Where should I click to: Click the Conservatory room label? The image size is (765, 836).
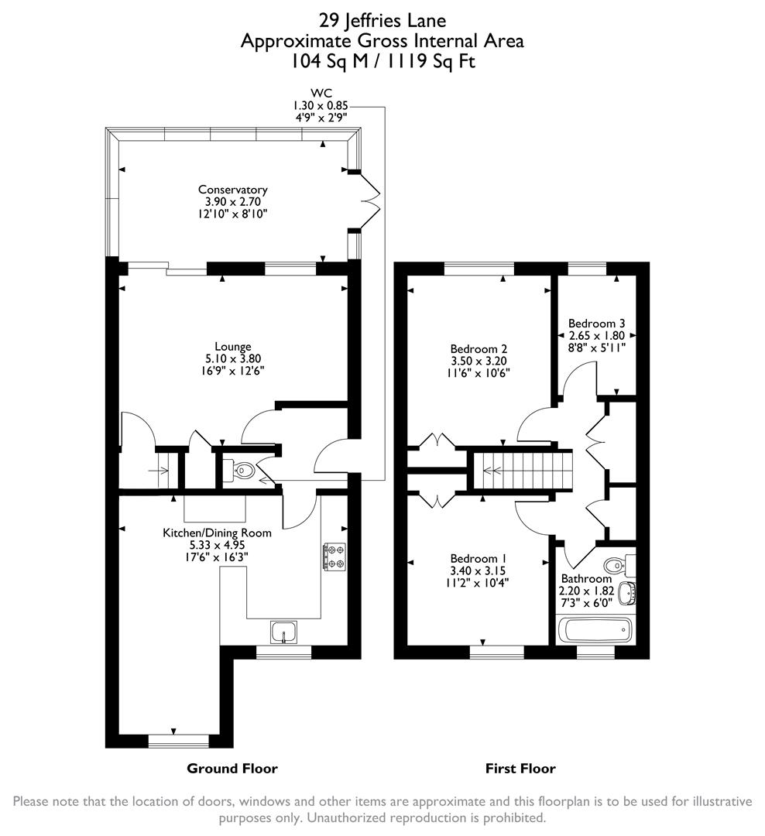tap(232, 190)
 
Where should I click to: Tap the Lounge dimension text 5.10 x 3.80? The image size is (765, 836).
tap(233, 359)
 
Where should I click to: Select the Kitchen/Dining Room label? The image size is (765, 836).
tap(217, 533)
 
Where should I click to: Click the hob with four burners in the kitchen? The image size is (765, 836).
tap(334, 557)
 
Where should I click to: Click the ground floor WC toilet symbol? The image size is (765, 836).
tap(242, 469)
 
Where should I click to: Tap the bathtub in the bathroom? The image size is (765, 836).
tap(595, 630)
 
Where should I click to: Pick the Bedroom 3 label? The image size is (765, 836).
tap(596, 324)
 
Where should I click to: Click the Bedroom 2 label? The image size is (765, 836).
tap(479, 349)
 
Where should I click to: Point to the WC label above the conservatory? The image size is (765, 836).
tap(320, 94)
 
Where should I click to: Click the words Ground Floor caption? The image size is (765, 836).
tap(232, 769)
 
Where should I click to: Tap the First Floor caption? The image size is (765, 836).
tap(520, 769)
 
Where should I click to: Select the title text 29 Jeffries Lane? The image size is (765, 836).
tap(382, 20)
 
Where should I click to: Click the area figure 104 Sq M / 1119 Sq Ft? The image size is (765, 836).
tap(382, 60)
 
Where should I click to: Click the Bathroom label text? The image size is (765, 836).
tap(586, 579)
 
